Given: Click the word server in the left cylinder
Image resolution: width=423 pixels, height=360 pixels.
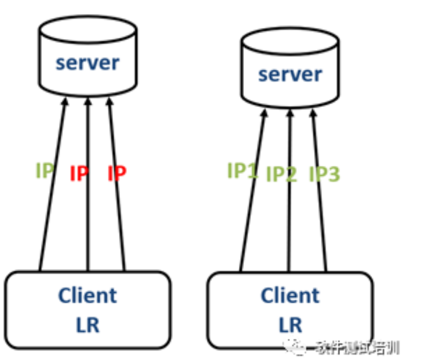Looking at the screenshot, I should coord(88,63).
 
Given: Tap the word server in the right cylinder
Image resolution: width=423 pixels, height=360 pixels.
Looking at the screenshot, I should coord(290,74).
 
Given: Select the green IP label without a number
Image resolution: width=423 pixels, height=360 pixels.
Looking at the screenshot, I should coord(45,171).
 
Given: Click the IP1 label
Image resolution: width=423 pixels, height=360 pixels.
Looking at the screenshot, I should coord(243,171).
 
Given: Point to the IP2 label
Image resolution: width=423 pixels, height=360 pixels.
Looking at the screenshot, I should coord(282,175).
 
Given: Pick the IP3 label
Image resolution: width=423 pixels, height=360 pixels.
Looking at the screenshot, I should coord(324,175).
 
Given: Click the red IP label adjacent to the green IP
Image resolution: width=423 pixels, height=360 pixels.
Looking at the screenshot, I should coord(79,174).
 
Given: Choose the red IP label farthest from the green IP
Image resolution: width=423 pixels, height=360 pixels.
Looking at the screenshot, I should coord(117,174).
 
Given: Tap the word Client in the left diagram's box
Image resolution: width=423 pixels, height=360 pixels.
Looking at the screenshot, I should coord(88,295).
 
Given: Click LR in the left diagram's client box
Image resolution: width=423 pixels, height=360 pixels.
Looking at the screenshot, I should coord(88,325).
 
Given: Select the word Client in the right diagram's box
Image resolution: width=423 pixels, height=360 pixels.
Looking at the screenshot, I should coord(290,295).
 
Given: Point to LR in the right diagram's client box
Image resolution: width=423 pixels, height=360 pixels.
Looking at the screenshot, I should coord(290,325).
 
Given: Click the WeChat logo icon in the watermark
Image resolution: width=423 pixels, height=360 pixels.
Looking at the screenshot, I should coord(298,348).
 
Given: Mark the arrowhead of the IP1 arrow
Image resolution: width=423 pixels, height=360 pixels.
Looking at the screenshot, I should coord(265,115).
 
